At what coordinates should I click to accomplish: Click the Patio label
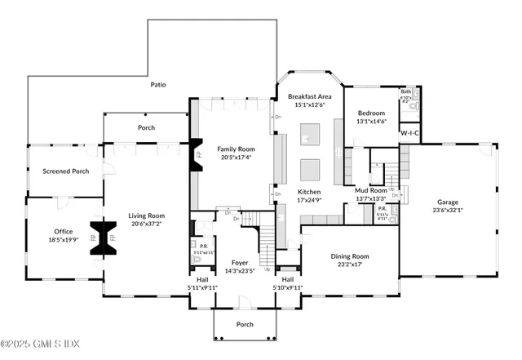[158, 84]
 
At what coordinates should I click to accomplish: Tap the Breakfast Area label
[310, 97]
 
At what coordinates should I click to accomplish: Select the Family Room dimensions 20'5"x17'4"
[235, 158]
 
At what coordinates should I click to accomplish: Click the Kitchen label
[309, 191]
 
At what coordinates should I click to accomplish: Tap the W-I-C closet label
[409, 132]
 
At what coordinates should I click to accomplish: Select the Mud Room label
[371, 190]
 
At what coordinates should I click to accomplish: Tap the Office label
[63, 232]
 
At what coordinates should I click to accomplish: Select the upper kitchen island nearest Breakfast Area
[311, 133]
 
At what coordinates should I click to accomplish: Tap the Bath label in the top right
[406, 92]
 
